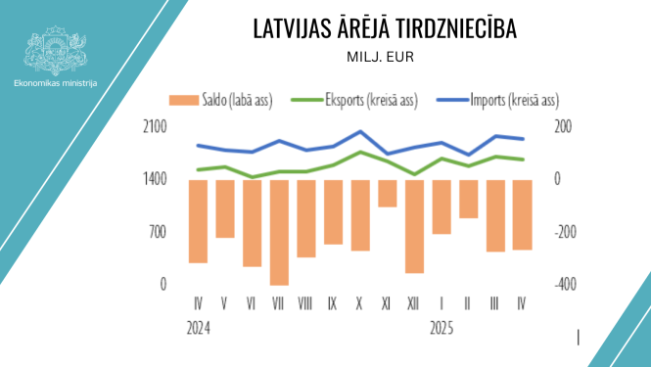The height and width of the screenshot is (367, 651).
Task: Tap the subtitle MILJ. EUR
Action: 381,57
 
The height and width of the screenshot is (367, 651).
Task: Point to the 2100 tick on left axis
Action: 156,127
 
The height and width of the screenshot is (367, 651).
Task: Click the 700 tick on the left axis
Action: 159,232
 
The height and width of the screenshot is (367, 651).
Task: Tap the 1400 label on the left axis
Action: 156,179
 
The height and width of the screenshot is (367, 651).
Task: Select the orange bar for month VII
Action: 279,232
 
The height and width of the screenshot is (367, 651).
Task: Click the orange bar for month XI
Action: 387,193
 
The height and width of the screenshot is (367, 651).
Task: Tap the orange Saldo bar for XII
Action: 414,226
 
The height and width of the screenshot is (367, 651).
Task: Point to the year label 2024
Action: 200,328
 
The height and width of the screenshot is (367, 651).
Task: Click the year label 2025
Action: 443,328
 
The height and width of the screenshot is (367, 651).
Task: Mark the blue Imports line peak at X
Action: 360,131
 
